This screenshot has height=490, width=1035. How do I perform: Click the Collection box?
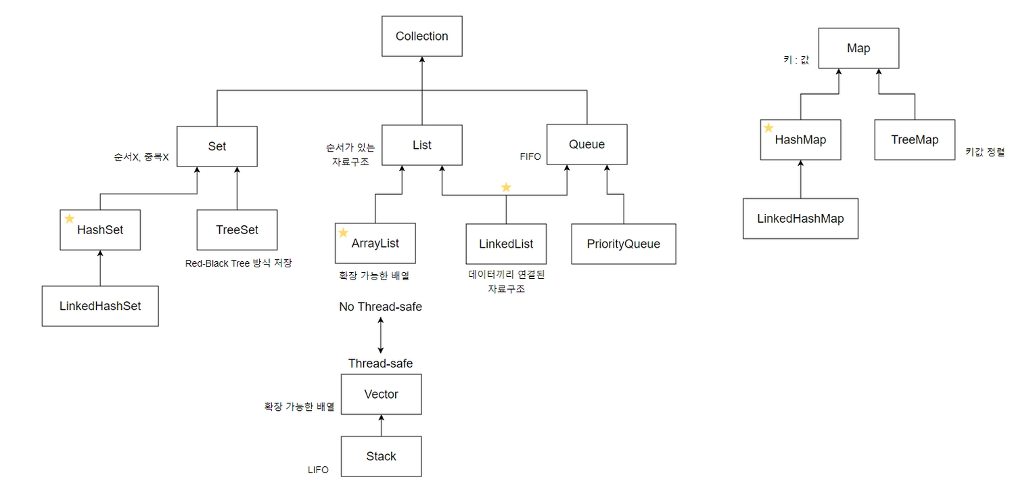421,37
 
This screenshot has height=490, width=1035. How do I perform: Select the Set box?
217,146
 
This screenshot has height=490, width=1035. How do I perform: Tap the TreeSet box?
237,230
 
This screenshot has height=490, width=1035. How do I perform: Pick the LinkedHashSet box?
100,306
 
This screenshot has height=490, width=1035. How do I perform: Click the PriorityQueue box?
623,244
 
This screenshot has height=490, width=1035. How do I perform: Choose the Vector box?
381,395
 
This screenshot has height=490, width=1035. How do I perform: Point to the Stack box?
381,456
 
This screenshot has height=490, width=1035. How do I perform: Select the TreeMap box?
915,140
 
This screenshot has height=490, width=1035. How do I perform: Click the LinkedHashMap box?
800,219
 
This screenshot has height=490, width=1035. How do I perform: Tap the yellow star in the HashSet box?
69,219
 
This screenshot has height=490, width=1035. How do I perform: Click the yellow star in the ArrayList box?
343,233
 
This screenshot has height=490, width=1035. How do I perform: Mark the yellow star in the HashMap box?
768,128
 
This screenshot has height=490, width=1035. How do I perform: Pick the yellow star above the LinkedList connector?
505,187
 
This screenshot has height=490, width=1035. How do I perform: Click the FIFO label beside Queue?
530,156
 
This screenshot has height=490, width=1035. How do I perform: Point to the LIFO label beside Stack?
318,470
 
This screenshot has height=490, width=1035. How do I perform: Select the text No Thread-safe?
380,307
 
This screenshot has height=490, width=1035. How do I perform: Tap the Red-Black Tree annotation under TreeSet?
238,263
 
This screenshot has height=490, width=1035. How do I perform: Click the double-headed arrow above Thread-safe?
381,335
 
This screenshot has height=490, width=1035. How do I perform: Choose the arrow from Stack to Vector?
381,426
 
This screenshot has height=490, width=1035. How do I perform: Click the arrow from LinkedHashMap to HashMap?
800,179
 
